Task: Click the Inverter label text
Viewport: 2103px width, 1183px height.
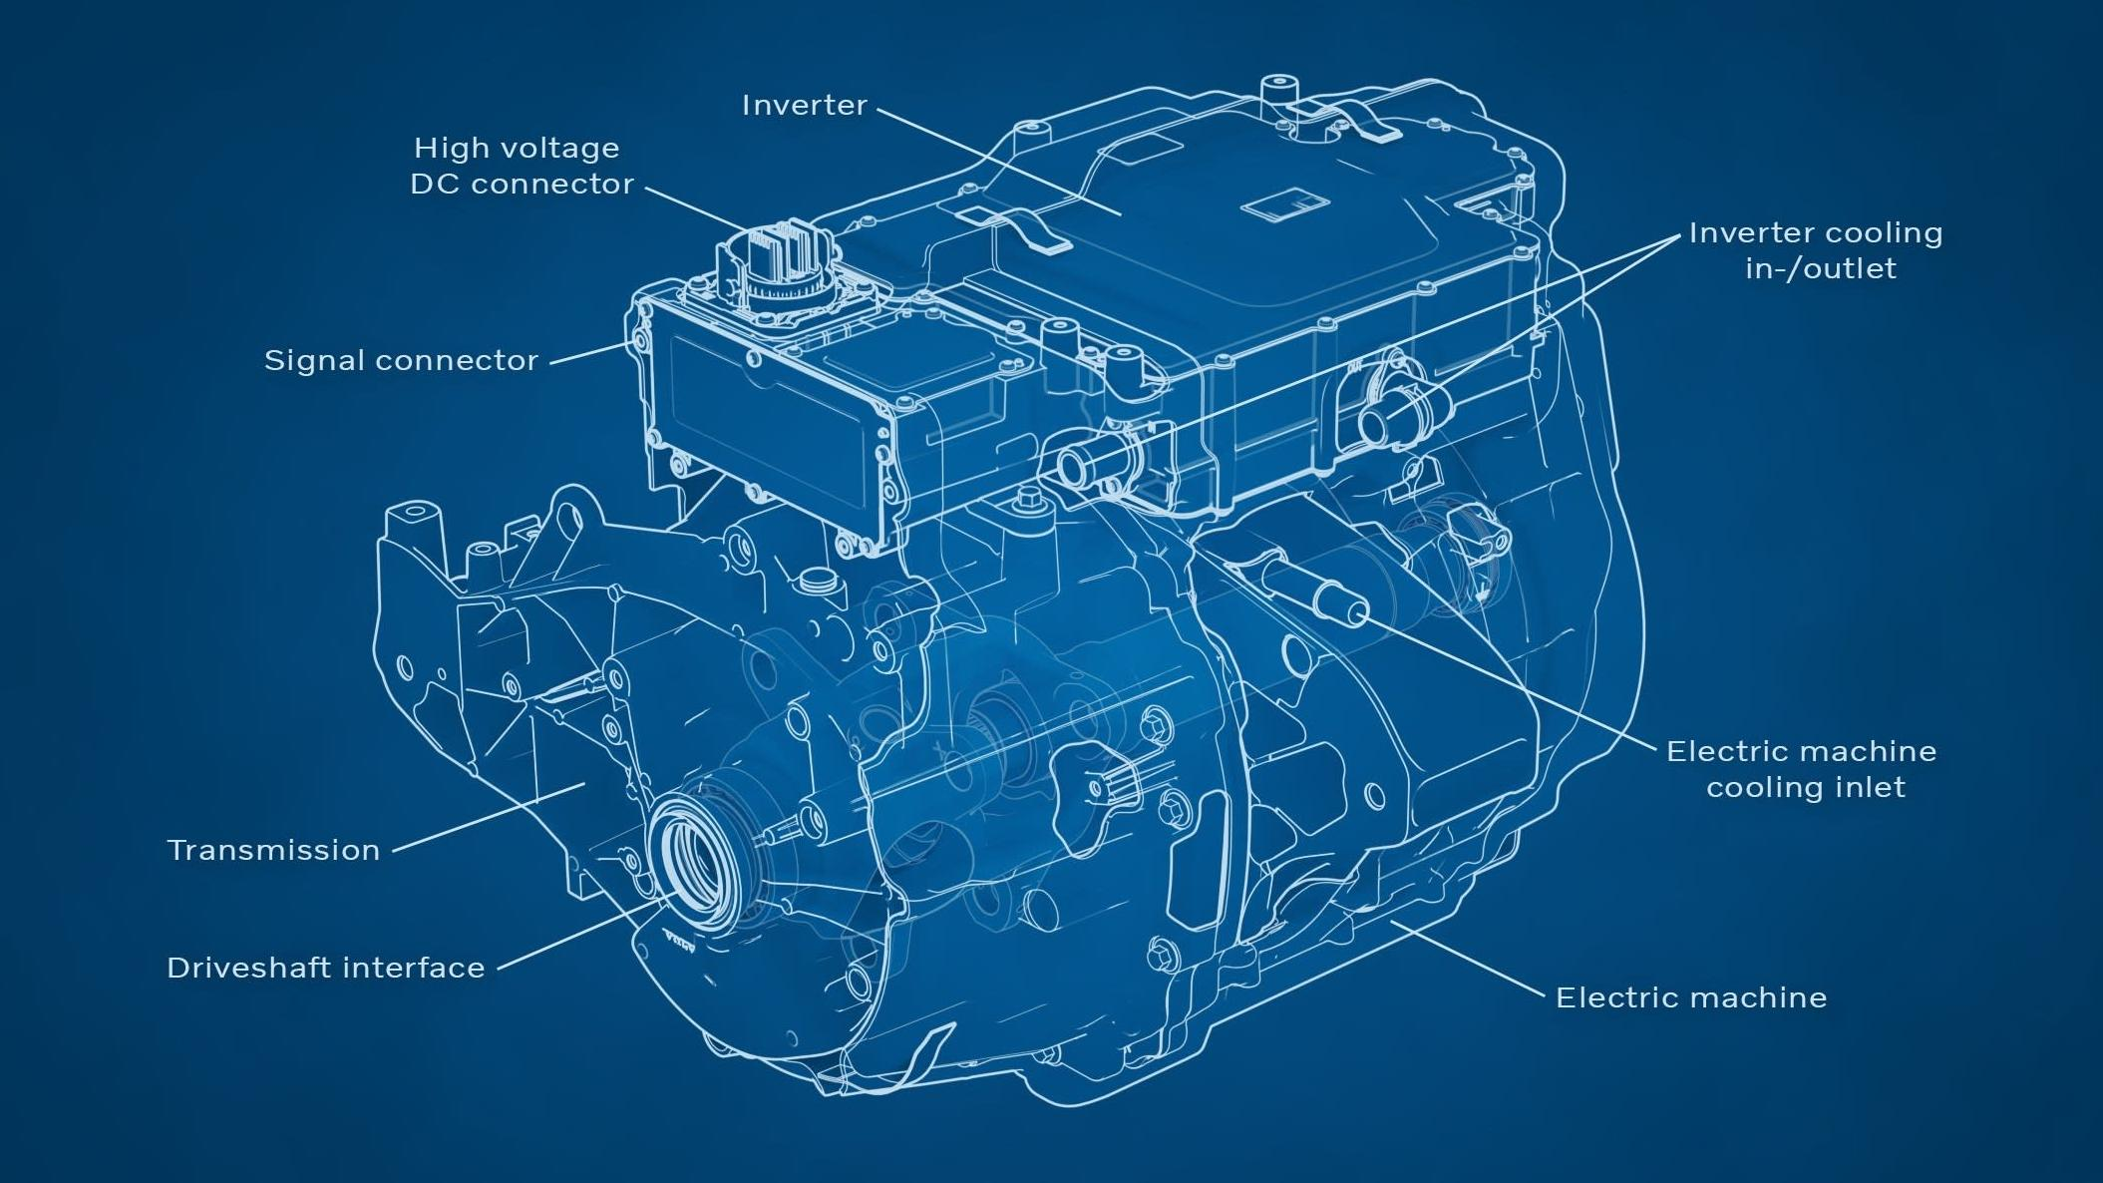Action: [x=804, y=105]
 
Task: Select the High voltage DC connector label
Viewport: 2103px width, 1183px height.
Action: [x=520, y=166]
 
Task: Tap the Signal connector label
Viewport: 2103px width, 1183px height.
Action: [x=401, y=360]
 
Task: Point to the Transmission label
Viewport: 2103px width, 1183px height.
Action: [x=273, y=850]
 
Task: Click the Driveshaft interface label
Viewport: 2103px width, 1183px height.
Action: [x=325, y=968]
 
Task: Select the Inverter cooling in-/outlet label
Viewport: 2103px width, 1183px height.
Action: [x=1817, y=250]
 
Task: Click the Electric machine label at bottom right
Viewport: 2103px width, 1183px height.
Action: [x=1691, y=997]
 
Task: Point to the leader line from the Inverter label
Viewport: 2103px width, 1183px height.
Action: [x=997, y=160]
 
